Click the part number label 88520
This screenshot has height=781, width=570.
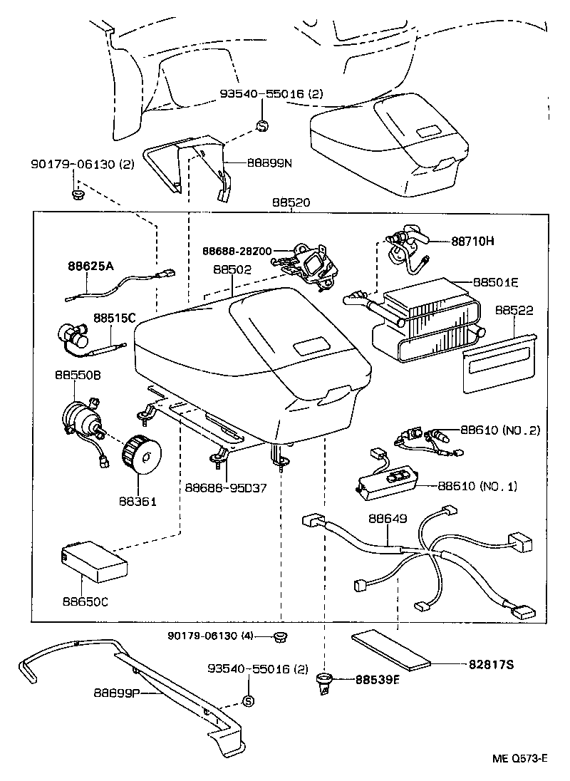(x=290, y=203)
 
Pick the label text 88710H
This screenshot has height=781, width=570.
(x=472, y=241)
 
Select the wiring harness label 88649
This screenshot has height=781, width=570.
(x=388, y=519)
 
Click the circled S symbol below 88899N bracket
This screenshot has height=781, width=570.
(x=261, y=126)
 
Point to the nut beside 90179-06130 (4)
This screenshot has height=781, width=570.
(x=281, y=636)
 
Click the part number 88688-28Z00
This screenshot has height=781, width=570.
(x=236, y=252)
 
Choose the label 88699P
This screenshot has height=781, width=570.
(x=118, y=692)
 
